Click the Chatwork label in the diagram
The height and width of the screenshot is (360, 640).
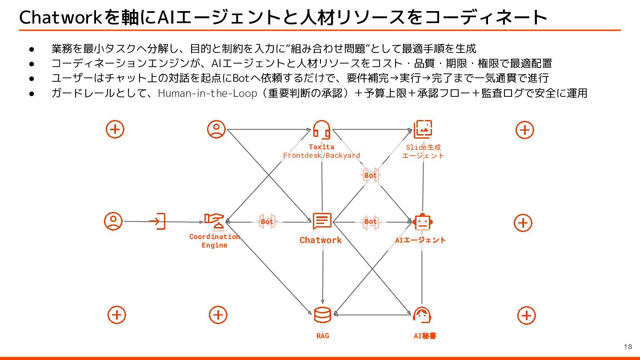tap(320, 240)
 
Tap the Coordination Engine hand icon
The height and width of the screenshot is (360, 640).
tap(214, 220)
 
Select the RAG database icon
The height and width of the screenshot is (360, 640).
tap(322, 315)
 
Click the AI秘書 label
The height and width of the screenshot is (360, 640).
tap(425, 336)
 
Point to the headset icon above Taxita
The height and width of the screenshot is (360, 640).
tap(321, 129)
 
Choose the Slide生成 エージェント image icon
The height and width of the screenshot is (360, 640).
tap(423, 129)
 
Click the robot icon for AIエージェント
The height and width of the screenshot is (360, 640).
tap(422, 221)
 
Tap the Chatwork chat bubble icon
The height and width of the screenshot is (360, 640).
tap(322, 221)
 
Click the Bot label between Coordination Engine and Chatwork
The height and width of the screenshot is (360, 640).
tap(267, 221)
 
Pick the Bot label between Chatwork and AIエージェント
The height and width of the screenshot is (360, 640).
tap(370, 221)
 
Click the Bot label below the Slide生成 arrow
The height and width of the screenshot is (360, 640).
tap(370, 175)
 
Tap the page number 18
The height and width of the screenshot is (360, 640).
tap(628, 347)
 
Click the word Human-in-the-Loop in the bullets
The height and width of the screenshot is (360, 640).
tap(208, 93)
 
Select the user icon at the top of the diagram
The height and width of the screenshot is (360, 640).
tap(216, 129)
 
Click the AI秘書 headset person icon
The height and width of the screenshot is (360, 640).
tap(422, 315)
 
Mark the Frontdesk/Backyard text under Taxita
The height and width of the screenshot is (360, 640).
tap(321, 155)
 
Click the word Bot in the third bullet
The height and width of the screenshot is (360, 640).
tap(240, 78)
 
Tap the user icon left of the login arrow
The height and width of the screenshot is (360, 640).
tap(113, 221)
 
